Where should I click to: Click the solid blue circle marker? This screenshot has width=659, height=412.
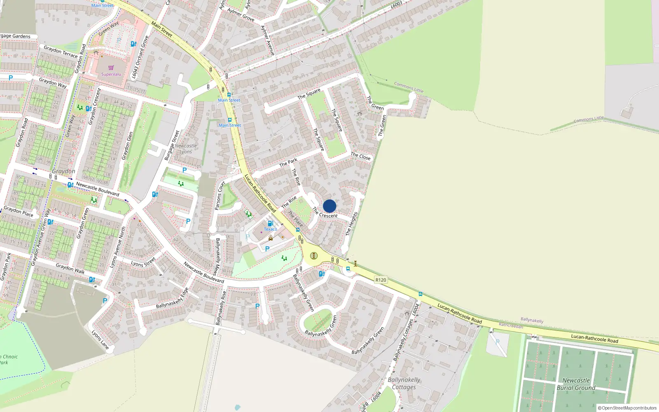[x=329, y=206]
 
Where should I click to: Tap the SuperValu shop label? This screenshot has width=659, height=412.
[x=111, y=74]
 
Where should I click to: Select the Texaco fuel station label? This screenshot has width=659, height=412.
[x=271, y=229]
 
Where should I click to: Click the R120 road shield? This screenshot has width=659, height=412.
[x=381, y=280]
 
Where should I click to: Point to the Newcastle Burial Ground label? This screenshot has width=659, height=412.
[x=576, y=384]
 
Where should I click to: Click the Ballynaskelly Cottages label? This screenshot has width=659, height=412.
[x=404, y=383]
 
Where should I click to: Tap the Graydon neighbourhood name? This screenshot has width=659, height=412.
[x=63, y=171]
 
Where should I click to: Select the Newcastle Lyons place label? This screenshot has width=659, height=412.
[x=186, y=149]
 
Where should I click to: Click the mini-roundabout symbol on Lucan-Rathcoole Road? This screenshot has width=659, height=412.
[x=314, y=256]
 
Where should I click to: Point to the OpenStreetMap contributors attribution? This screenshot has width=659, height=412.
[x=627, y=408]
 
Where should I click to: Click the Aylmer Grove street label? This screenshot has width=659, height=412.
[x=241, y=15]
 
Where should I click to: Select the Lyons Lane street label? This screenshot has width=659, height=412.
[x=100, y=339]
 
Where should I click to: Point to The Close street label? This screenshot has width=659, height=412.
[x=360, y=156]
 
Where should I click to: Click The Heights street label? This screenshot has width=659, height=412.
[x=351, y=224]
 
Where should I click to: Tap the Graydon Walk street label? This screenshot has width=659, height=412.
[x=70, y=269]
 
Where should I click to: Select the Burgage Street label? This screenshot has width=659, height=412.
[x=172, y=145]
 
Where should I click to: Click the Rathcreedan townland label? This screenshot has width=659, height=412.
[x=511, y=325]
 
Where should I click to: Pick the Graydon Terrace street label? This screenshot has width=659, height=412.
[x=61, y=51]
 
